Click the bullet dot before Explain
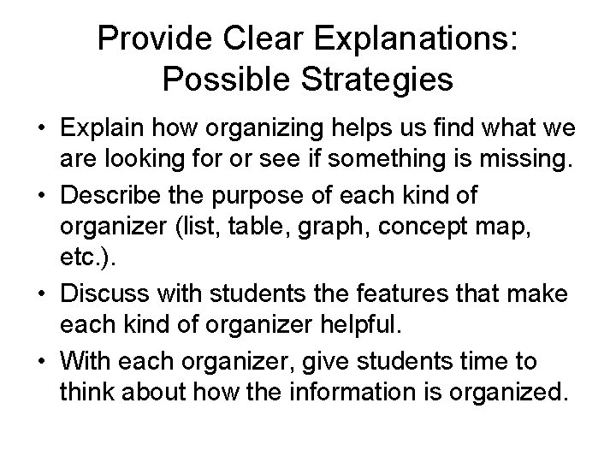pos(41,129)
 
